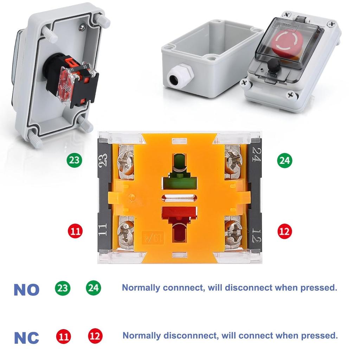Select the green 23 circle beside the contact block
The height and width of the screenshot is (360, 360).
[x=74, y=160]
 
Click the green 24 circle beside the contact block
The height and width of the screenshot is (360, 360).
[x=284, y=160]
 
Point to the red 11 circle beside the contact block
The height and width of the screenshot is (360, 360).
[x=74, y=231]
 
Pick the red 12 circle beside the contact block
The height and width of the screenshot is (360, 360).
[x=284, y=231]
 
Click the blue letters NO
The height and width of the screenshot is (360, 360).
[x=26, y=290]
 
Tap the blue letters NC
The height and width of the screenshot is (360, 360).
[x=26, y=337]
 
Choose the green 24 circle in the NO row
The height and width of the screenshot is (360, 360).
[x=94, y=288]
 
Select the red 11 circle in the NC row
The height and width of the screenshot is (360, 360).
[x=63, y=336]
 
